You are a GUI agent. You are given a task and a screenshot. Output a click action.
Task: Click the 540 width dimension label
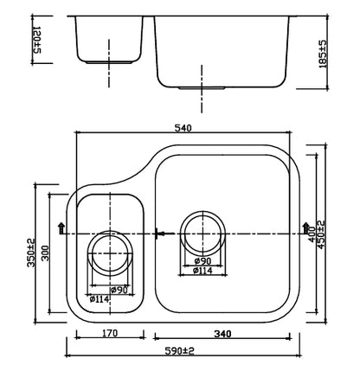pyautogui.click(x=183, y=127)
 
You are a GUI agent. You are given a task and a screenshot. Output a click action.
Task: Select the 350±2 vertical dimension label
pyautogui.click(x=31, y=255)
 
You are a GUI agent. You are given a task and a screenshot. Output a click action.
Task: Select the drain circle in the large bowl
pyautogui.click(x=203, y=232)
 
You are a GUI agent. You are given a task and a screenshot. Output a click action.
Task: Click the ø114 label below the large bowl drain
pyautogui.click(x=203, y=270)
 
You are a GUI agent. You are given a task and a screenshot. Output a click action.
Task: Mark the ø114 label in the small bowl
pyautogui.click(x=99, y=299)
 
